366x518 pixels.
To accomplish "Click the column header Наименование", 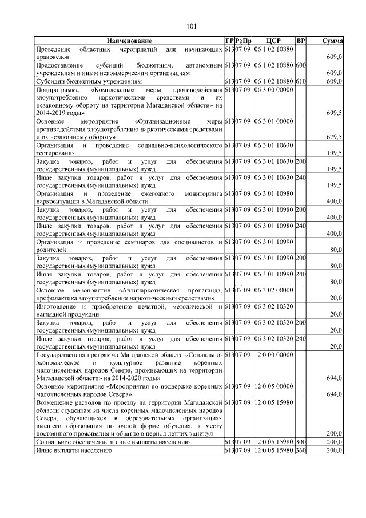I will [x=129, y=41].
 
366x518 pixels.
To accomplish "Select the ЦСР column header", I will [x=272, y=41].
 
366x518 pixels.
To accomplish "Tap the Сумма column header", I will [x=332, y=41].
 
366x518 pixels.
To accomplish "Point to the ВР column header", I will [x=301, y=41].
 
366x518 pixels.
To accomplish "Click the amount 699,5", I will [x=333, y=114].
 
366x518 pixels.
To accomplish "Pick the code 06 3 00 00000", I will [x=274, y=90].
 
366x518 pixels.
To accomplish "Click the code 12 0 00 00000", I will [x=274, y=355].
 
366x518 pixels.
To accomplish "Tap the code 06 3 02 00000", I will [x=274, y=291].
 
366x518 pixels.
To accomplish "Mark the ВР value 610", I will [x=301, y=82].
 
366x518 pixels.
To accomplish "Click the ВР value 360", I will [x=301, y=451].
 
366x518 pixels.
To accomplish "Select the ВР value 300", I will [x=301, y=442].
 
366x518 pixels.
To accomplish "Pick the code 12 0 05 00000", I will [x=274, y=387].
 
